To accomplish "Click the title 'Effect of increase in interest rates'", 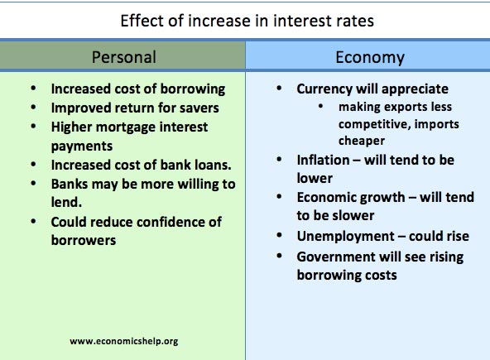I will (x=247, y=20).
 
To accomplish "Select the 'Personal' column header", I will (x=123, y=57).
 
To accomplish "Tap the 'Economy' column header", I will (x=370, y=57).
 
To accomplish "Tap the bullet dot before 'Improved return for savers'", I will (x=31, y=108).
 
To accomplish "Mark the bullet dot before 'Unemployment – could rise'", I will (x=279, y=237).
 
